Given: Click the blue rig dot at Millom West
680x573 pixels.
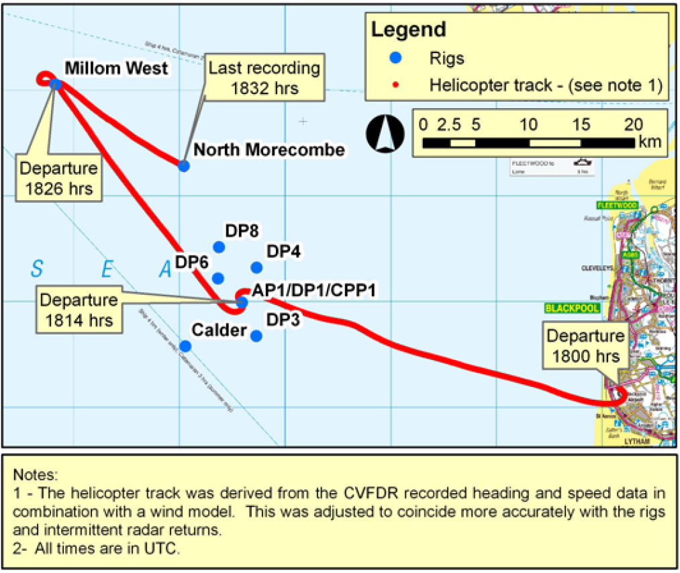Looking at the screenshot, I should click(56, 84).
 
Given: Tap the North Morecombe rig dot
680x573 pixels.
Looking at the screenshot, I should click(183, 165).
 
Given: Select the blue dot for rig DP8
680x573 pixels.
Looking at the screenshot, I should click(217, 247).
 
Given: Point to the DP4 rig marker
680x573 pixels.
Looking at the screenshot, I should click(256, 267).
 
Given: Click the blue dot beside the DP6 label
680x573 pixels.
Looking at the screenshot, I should click(217, 277).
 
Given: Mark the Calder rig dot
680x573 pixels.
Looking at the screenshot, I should click(185, 346).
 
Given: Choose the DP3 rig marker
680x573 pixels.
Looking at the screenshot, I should click(256, 335).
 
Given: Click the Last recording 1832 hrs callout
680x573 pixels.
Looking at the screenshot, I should click(264, 78).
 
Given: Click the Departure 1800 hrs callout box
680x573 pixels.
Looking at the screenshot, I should click(585, 345).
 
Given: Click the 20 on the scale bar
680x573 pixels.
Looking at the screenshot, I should click(634, 124).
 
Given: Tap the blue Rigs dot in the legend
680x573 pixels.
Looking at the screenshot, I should click(396, 58).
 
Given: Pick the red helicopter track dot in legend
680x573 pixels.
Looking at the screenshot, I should click(396, 85).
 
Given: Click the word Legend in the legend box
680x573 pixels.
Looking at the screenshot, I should click(408, 30).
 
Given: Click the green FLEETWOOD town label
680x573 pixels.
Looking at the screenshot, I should click(616, 205).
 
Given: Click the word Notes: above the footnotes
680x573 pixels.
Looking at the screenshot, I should click(38, 475).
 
